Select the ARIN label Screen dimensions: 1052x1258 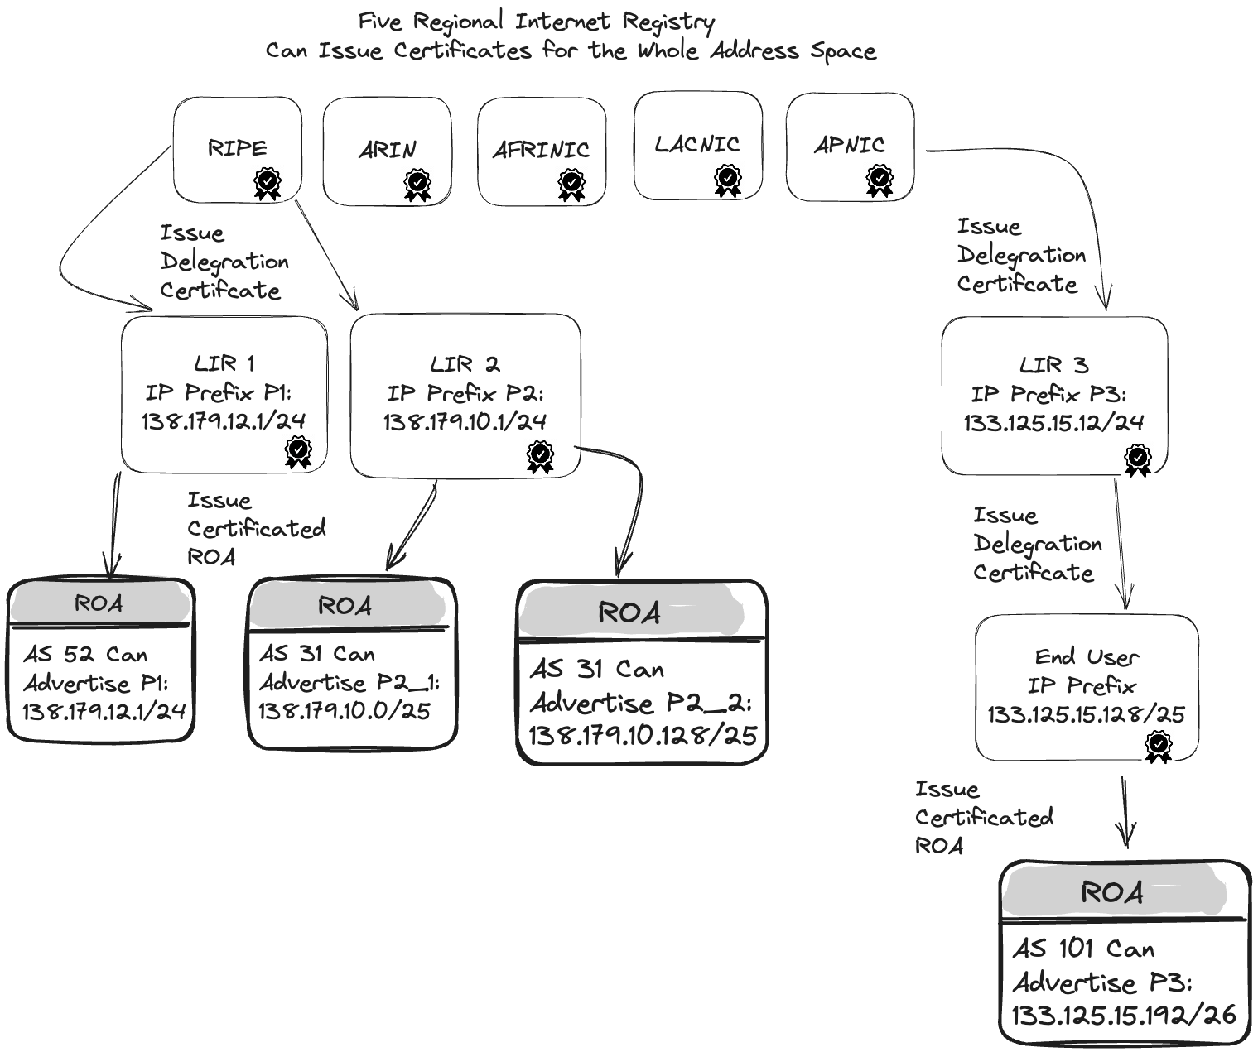pos(387,150)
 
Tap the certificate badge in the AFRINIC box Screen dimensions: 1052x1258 pos(571,184)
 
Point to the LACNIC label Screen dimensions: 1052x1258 pos(696,144)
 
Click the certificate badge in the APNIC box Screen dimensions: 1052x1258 pos(880,180)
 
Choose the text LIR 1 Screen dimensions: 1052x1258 pos(224,363)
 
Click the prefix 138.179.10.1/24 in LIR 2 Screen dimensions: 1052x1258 pos(465,422)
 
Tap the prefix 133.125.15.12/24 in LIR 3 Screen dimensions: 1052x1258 pos(1053,424)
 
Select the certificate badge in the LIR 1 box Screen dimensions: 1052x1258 pos(298,452)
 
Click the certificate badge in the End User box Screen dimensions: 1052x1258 pos(1158,747)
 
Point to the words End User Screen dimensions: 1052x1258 pos(1087,657)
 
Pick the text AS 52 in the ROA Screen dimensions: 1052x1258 pos(58,655)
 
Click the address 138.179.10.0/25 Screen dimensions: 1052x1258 pos(345,711)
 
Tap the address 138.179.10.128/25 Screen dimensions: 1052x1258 pos(643,735)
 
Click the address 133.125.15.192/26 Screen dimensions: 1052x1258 pos(1123,1015)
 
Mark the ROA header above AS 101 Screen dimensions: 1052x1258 pos(1112,892)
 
